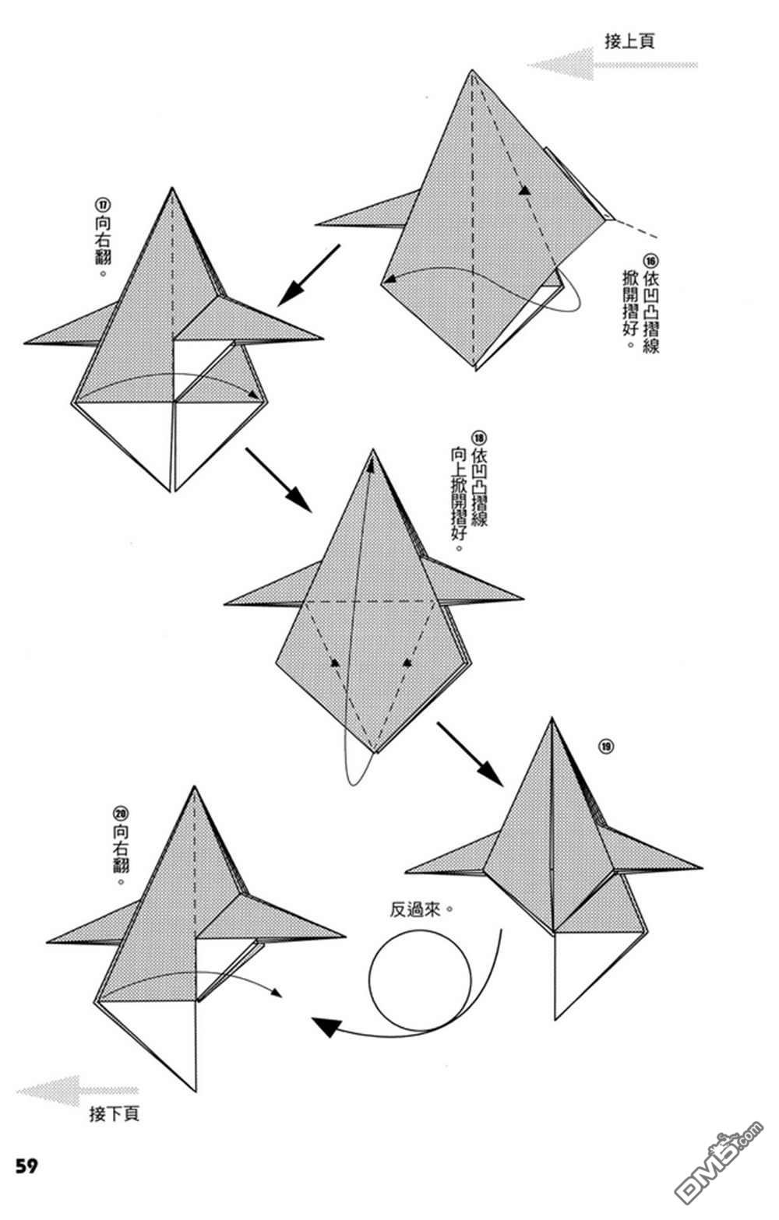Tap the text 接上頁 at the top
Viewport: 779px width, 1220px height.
tap(629, 41)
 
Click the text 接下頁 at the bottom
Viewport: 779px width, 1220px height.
tap(115, 1114)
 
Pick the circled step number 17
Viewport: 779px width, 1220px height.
tap(102, 205)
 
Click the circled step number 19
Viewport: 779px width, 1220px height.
tap(606, 747)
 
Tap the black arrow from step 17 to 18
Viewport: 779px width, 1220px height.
tap(279, 480)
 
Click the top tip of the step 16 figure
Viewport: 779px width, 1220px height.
tap(471, 72)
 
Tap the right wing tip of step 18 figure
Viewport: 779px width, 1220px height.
tap(522, 599)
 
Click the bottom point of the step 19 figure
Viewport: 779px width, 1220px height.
tap(555, 1018)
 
